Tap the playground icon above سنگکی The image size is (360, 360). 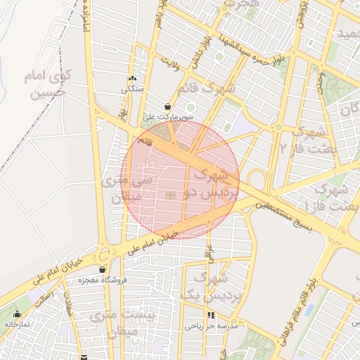(x=132, y=79)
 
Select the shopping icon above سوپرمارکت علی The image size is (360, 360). (x=167, y=106)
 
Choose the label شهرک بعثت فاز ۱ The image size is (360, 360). (x=330, y=196)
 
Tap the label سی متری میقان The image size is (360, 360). (x=127, y=188)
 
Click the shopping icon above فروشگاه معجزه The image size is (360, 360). (x=103, y=269)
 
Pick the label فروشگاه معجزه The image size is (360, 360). (x=103, y=280)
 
